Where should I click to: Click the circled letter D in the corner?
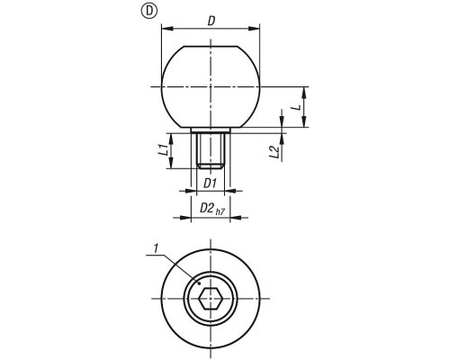coord(149,11)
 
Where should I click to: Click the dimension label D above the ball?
coord(211,21)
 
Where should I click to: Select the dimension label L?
coord(297,107)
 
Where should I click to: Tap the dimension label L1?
coord(163,150)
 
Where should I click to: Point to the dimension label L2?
coord(274,151)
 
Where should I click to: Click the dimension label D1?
coord(210,184)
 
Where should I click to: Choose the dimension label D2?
coord(206,208)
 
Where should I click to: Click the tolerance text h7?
coord(220,211)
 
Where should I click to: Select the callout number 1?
coord(156,248)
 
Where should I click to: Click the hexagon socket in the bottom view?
coord(211,299)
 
